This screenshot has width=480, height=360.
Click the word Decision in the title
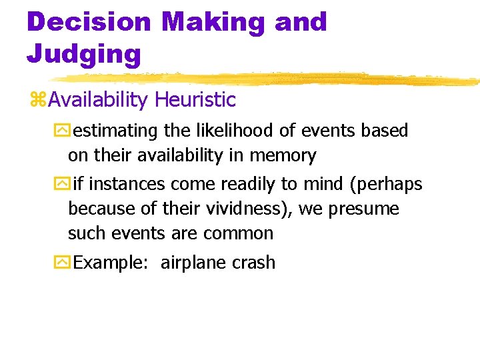tap(89, 22)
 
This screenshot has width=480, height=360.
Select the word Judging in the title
tap(83, 53)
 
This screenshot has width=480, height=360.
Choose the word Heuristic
tap(195, 100)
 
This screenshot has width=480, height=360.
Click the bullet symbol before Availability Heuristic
tap(38, 101)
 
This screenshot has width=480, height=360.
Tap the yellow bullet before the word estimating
tap(61, 131)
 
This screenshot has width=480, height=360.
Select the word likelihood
tap(239, 131)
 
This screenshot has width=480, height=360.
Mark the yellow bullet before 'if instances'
tap(61, 184)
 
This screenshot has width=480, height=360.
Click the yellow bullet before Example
tap(61, 263)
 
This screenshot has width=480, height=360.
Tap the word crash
tap(254, 263)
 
